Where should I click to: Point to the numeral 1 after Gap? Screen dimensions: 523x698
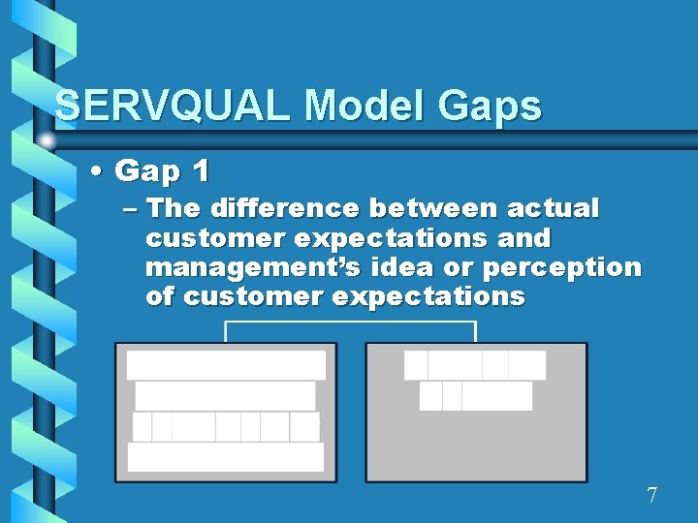click(200, 171)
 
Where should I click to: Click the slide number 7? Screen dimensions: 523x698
click(651, 496)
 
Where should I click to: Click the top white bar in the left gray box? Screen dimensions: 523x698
click(226, 365)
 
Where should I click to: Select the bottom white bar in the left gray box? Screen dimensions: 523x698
click(225, 457)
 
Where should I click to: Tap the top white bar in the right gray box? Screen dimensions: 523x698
click(475, 365)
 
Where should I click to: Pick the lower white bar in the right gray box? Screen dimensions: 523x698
click(476, 396)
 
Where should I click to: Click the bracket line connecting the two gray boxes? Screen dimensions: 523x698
click(350, 323)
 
